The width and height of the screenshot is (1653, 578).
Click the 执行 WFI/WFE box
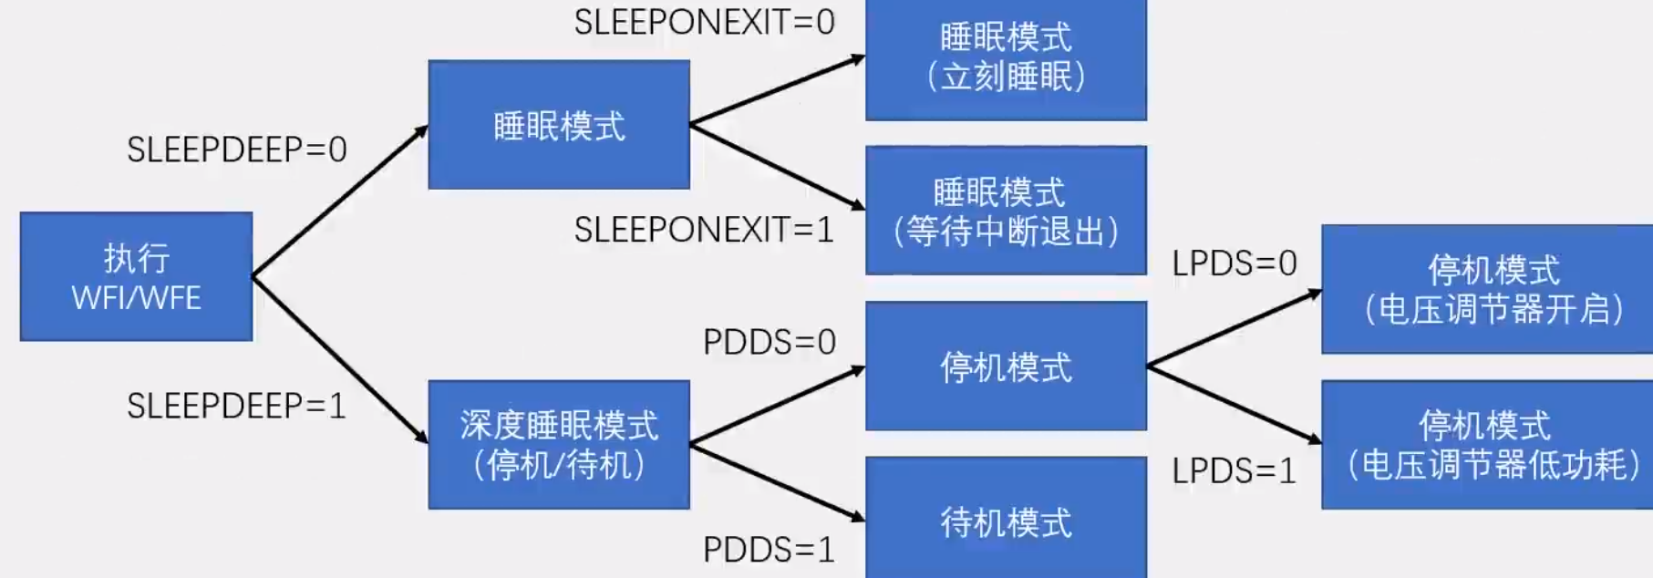(x=136, y=276)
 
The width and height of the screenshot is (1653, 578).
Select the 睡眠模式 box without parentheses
(x=559, y=125)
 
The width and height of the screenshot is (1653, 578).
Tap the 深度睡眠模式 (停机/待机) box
(x=559, y=444)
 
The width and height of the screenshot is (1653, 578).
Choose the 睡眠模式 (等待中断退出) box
(x=1006, y=211)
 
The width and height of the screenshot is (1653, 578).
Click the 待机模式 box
(x=1006, y=520)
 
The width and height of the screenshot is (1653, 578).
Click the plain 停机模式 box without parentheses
(x=1006, y=366)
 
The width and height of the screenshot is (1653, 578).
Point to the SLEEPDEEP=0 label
(x=237, y=150)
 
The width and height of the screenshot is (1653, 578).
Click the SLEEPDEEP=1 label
(x=237, y=406)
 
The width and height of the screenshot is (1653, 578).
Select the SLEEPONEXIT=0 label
(x=705, y=22)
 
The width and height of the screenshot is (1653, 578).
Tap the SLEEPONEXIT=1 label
(x=705, y=230)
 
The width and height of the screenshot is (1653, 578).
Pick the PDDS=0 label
(x=770, y=342)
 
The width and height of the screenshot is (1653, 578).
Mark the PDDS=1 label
(x=770, y=550)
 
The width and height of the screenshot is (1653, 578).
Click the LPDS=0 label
(x=1235, y=263)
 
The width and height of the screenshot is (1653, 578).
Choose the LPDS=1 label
(x=1235, y=471)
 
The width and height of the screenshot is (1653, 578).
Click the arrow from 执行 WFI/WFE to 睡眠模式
(x=339, y=201)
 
